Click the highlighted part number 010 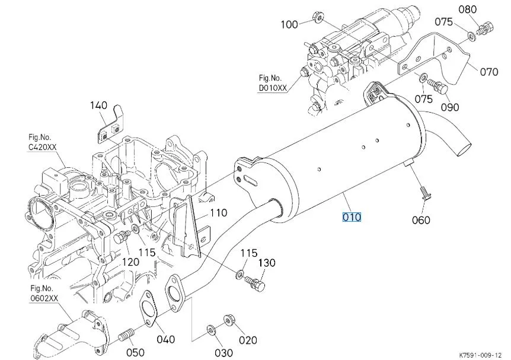(352, 217)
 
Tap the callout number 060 (421, 220)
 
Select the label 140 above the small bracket (98, 106)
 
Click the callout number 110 (218, 213)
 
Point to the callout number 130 (267, 263)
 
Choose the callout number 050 (135, 352)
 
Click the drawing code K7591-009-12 (481, 355)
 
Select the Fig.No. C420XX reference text (42, 142)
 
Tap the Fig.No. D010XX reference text (273, 83)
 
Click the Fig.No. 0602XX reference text (44, 293)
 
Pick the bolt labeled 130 (255, 283)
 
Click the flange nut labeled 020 (228, 320)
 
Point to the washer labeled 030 (211, 330)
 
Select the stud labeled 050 (127, 334)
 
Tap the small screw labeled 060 (424, 193)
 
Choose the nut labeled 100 (317, 17)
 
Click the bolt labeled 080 (486, 28)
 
